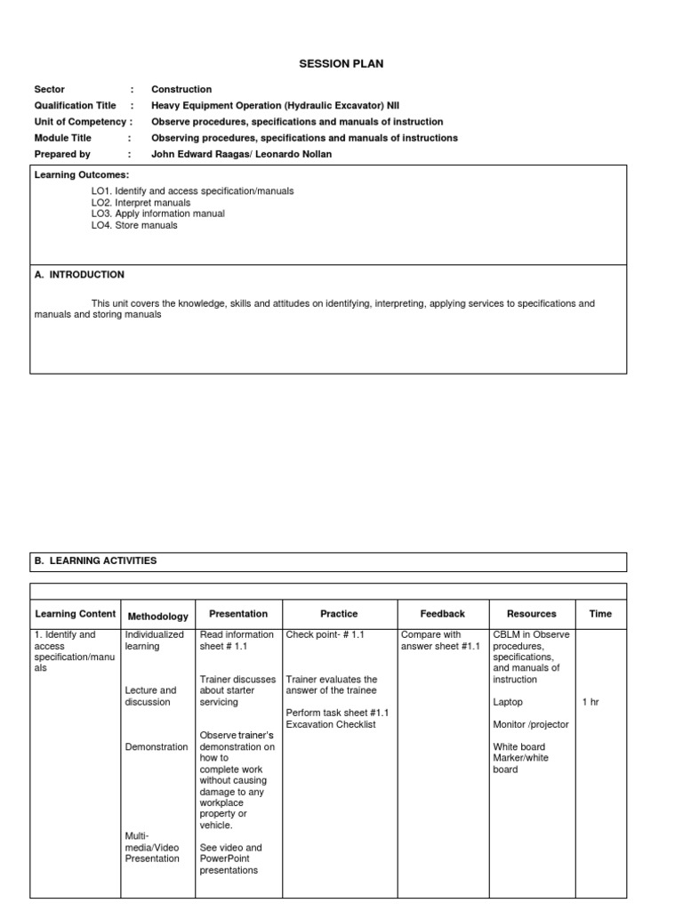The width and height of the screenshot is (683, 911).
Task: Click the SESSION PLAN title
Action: [x=341, y=64]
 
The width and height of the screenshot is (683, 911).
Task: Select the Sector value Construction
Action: [x=181, y=89]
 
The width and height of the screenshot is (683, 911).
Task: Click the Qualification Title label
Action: [x=75, y=105]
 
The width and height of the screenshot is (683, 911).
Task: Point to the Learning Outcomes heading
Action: [x=82, y=175]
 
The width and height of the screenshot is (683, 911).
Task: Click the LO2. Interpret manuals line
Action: [x=141, y=203]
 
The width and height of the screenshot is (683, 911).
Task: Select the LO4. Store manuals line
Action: [x=134, y=225]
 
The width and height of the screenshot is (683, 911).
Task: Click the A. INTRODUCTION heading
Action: [x=79, y=275]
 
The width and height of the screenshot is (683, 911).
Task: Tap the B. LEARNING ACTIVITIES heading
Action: [x=95, y=560]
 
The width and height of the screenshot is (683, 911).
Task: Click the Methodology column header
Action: [x=158, y=616]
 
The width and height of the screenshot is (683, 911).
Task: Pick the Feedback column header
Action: [x=442, y=613]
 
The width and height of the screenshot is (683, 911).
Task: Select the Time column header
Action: [x=600, y=613]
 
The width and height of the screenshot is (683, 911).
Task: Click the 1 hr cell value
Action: [x=591, y=702]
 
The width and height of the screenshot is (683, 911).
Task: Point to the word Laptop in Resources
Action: [x=508, y=702]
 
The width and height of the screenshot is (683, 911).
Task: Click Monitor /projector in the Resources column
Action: [x=530, y=724]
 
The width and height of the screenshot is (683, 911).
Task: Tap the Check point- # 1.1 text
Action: [x=325, y=635]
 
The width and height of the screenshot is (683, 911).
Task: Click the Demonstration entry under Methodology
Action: [x=157, y=746]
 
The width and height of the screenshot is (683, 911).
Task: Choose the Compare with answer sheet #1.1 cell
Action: [x=440, y=641]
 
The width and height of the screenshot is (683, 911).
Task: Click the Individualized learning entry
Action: [x=155, y=641]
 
